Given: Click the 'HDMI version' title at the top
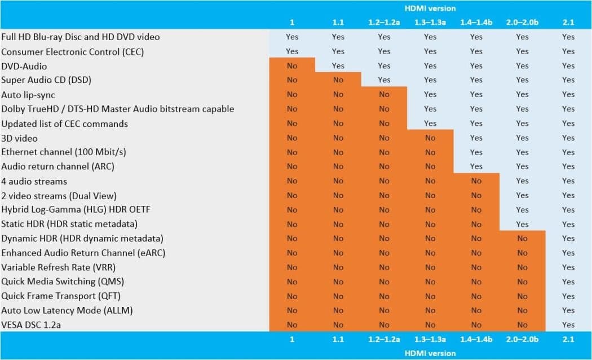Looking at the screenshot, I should [x=430, y=8].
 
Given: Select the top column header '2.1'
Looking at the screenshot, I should [x=568, y=23].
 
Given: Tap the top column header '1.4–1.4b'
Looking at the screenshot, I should [x=476, y=23].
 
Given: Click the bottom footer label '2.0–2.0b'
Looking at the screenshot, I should [x=522, y=339].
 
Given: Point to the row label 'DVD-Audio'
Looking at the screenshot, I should [x=24, y=66].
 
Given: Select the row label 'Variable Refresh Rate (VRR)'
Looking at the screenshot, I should [x=58, y=267].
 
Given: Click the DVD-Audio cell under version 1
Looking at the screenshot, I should [x=292, y=66].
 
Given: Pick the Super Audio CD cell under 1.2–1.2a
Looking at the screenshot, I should [x=384, y=80].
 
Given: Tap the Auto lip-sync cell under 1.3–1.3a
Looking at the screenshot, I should [x=430, y=95].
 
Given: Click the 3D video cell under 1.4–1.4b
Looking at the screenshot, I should [x=476, y=138].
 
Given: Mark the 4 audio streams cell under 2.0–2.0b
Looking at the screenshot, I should [x=522, y=181].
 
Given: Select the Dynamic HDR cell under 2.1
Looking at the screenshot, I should [x=568, y=239].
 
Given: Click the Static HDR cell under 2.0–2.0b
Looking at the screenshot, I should [x=522, y=224].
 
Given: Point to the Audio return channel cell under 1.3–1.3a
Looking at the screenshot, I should [x=430, y=166].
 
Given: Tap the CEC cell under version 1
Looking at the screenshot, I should [x=292, y=51].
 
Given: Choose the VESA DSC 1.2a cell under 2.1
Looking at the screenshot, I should [x=568, y=324].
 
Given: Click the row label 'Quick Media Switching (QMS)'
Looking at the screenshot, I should [x=63, y=282].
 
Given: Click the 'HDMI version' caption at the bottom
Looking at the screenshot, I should [x=430, y=353].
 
